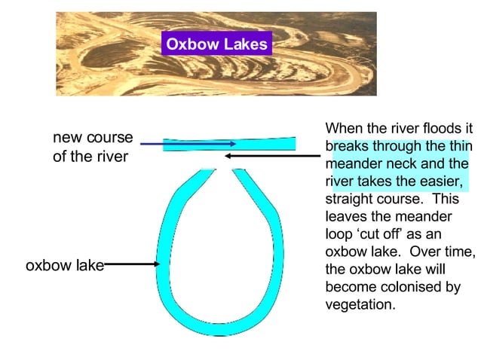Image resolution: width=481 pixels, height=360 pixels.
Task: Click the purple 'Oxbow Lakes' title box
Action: tap(216, 44)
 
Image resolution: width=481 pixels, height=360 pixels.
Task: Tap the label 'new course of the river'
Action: tap(92, 148)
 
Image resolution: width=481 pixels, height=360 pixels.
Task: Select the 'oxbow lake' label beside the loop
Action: tap(64, 265)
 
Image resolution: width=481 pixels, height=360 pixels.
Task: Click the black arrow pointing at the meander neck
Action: tap(271, 157)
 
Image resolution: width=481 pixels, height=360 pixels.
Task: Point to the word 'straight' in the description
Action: tap(350, 200)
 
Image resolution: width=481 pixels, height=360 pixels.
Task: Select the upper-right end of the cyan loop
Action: tap(239, 174)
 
